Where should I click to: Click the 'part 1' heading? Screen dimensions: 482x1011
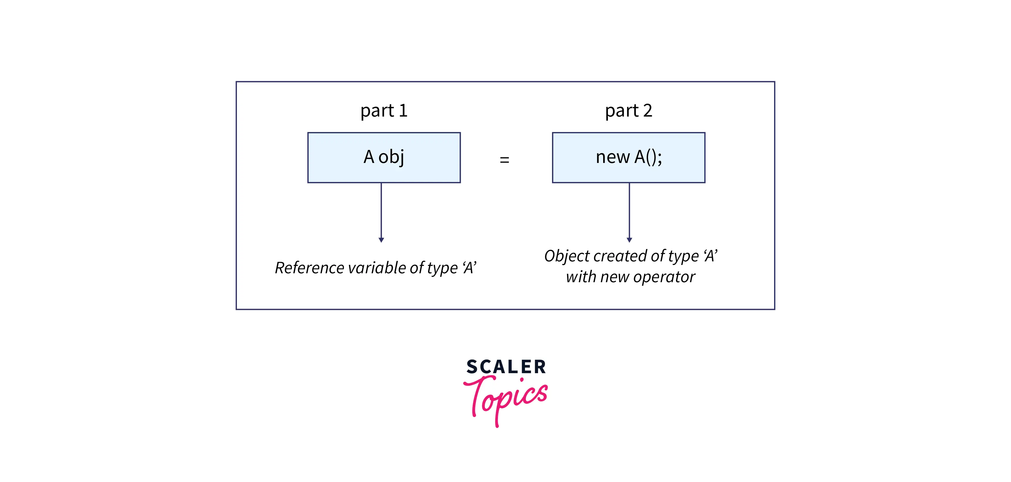384,111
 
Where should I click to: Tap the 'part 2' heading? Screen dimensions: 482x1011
628,111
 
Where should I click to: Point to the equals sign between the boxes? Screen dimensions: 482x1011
504,159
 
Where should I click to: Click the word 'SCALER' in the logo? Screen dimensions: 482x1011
506,367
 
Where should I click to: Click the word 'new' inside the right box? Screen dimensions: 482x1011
612,157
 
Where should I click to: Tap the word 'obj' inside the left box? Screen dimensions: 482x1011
391,157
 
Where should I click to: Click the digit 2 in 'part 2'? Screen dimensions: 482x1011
647,111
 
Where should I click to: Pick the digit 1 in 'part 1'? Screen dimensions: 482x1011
403,111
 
